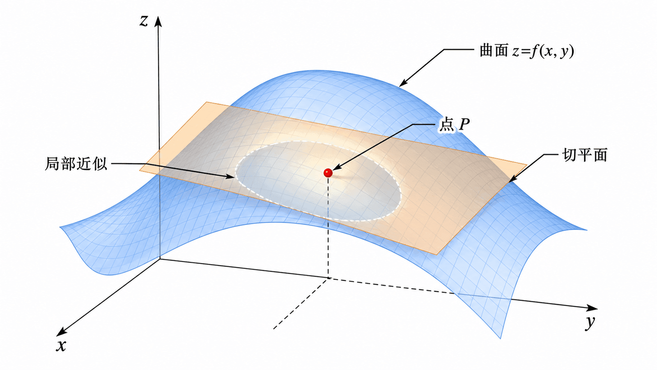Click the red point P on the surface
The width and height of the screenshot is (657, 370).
tap(328, 173)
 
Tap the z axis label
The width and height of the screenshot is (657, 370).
tap(143, 21)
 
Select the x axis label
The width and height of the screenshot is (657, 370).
tap(61, 346)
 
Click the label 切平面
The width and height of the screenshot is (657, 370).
tap(584, 155)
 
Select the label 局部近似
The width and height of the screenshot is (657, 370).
tap(76, 164)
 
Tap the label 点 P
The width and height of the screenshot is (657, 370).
tap(454, 125)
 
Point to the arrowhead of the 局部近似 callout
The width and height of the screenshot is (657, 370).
tap(231, 177)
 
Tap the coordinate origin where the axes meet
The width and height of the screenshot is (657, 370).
tap(160, 259)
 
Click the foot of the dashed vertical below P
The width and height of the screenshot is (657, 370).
tap(328, 278)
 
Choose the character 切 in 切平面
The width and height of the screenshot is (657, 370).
tap(569, 155)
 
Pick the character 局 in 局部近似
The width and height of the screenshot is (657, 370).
tap(52, 164)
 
